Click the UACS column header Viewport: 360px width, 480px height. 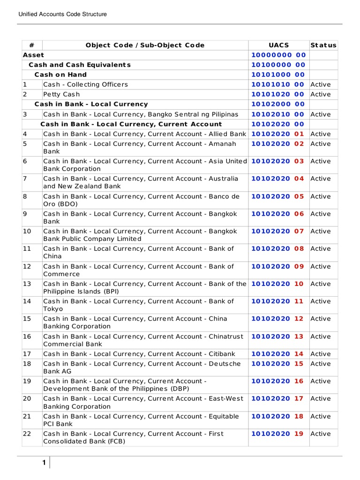(278, 45)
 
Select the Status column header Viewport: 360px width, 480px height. (323, 45)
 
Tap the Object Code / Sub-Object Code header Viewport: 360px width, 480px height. (145, 45)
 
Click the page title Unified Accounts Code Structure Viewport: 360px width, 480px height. (62, 14)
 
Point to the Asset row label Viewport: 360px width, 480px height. (33, 55)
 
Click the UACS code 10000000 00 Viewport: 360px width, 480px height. (278, 55)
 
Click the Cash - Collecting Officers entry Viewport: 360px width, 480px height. (85, 84)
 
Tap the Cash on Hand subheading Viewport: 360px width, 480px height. (60, 75)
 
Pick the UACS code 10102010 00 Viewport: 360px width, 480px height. (278, 114)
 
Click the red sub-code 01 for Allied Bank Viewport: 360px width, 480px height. (299, 134)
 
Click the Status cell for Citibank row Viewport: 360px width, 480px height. (321, 354)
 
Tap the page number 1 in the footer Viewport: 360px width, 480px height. (44, 463)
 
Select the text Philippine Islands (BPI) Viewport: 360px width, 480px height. (81, 291)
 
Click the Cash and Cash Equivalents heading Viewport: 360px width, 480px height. (80, 65)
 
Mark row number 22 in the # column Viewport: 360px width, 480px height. (27, 434)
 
